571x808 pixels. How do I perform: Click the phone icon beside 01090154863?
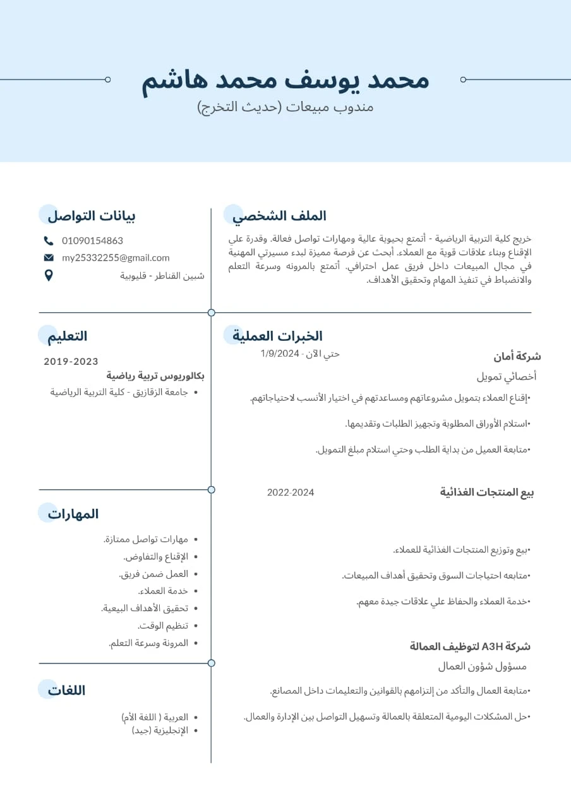pyautogui.click(x=49, y=241)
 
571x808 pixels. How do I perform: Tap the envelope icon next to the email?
pyautogui.click(x=49, y=258)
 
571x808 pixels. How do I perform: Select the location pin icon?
pyautogui.click(x=49, y=275)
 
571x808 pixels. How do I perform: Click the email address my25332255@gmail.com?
pyautogui.click(x=116, y=258)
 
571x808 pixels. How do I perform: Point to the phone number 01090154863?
pyautogui.click(x=92, y=241)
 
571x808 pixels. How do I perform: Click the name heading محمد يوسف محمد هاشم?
pyautogui.click(x=285, y=80)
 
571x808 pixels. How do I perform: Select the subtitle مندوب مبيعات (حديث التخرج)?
pyautogui.click(x=285, y=107)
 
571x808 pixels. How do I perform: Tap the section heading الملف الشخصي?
pyautogui.click(x=280, y=216)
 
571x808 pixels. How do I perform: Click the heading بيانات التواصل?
pyautogui.click(x=92, y=216)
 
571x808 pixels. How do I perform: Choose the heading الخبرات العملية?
pyautogui.click(x=277, y=336)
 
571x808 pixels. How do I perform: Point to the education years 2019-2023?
pyautogui.click(x=71, y=362)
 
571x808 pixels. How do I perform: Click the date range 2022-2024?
pyautogui.click(x=291, y=492)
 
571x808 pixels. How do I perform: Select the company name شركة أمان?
pyautogui.click(x=517, y=357)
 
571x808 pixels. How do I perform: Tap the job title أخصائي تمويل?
pyautogui.click(x=507, y=377)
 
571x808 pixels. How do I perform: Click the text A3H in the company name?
pyautogui.click(x=491, y=646)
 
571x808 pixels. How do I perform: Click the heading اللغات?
pyautogui.click(x=66, y=690)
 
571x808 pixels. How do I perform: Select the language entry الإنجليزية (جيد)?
pyautogui.click(x=160, y=730)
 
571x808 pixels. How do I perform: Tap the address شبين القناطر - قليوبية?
pyautogui.click(x=162, y=275)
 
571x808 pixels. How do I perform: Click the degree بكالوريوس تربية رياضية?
pyautogui.click(x=155, y=376)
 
